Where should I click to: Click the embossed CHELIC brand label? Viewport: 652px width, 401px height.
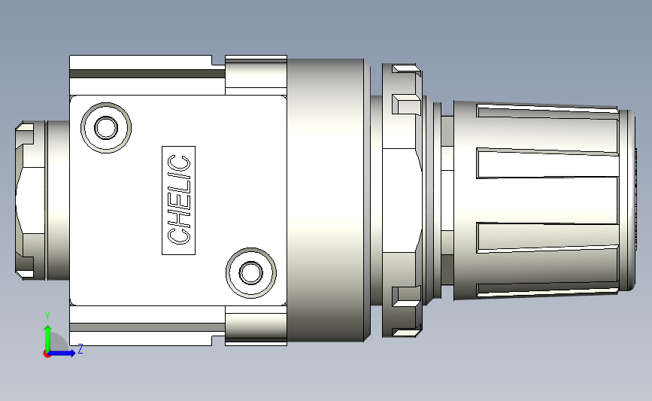coord(179,200)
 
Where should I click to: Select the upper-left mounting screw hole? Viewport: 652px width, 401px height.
coord(104,127)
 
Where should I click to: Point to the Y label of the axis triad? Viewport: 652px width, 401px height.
coord(47,316)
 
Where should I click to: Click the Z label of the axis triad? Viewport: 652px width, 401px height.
coord(80,349)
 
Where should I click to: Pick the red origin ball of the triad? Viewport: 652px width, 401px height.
coord(47,354)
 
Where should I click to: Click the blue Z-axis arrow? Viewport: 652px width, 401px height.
coord(65,353)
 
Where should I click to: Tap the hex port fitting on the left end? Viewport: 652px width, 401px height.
coord(30,200)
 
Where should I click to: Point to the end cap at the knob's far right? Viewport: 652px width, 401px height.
coord(628,200)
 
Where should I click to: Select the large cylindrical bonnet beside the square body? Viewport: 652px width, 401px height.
coord(327,200)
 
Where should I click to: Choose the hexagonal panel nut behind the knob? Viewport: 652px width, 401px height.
coord(399,200)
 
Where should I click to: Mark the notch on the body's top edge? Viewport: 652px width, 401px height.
coord(218,60)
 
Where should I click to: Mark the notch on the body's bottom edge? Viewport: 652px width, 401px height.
coord(218,340)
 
